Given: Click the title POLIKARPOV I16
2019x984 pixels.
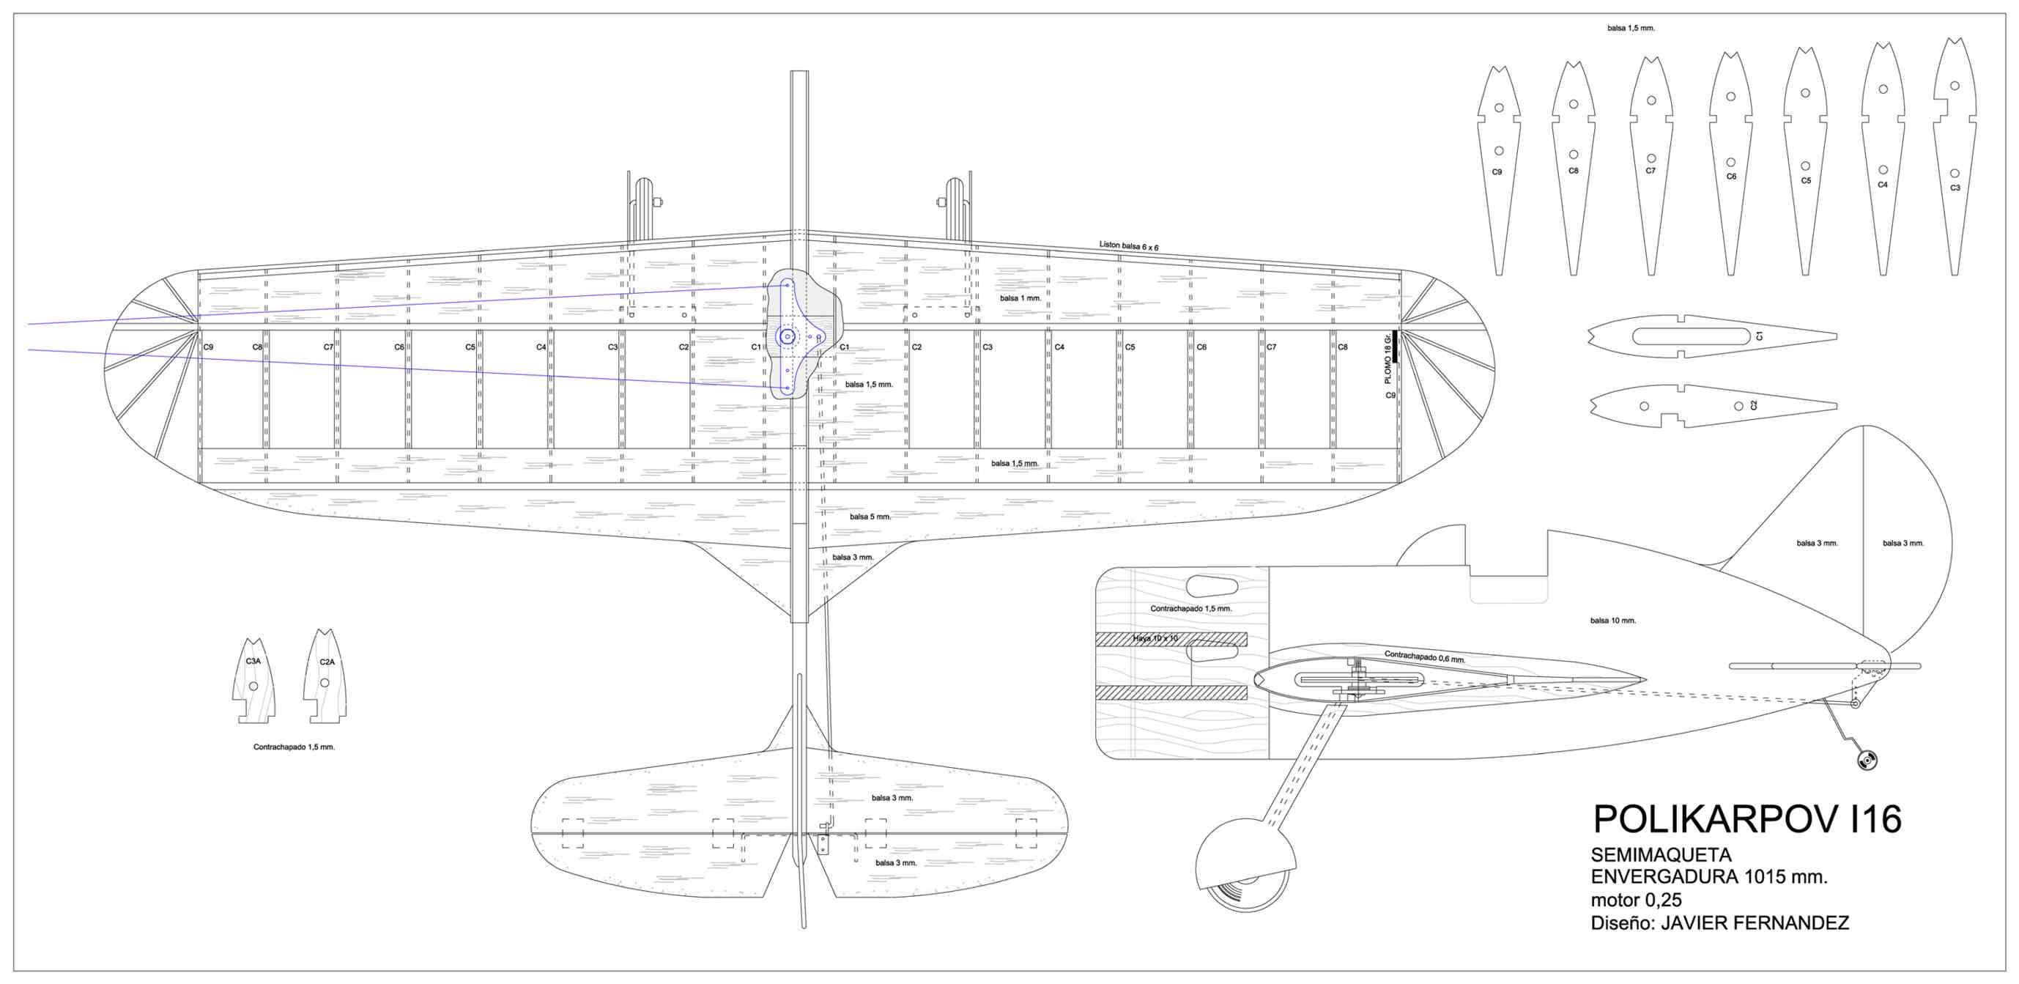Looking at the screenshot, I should tap(1746, 819).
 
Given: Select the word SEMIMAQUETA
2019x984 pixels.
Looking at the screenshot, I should tap(1661, 854).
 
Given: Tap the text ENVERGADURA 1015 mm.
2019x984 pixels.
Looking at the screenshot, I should tap(1708, 876).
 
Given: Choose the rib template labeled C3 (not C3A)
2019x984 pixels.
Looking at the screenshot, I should tap(1954, 157).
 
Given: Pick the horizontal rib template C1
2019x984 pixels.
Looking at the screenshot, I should tap(1713, 336).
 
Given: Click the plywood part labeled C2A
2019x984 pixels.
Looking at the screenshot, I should tap(325, 678).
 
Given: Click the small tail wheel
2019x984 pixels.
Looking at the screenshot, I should tap(1867, 760).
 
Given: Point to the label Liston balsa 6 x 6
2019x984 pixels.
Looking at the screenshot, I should tap(1128, 246).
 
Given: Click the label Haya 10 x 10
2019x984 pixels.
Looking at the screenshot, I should tap(1155, 638).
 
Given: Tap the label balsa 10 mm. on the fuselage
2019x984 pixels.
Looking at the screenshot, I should tap(1612, 621).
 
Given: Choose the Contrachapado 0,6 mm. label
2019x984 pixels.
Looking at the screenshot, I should tap(1424, 657).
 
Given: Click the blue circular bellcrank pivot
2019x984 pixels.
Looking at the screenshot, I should tap(787, 337).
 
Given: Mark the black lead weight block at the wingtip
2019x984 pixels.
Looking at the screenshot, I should tap(1395, 347).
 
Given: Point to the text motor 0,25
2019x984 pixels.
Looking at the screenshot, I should tap(1636, 900).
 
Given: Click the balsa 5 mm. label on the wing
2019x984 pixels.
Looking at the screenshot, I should tap(870, 517).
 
